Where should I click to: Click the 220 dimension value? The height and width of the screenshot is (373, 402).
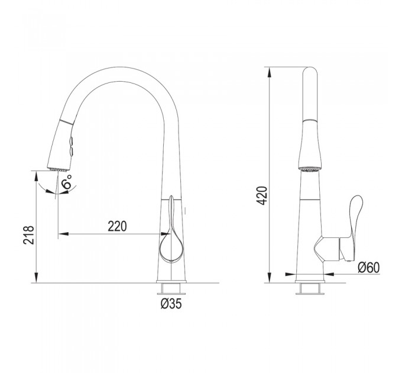(x=117, y=226)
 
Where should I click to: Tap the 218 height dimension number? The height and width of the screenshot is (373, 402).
(x=28, y=235)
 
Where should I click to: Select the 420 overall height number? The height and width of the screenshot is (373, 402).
(x=262, y=196)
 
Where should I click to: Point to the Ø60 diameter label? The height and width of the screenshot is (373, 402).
(x=369, y=268)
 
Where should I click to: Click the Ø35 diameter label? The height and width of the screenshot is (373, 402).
(x=171, y=304)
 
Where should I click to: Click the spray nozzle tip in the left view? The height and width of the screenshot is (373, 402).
(x=58, y=169)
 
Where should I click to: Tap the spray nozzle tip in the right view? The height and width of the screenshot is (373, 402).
(x=310, y=169)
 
